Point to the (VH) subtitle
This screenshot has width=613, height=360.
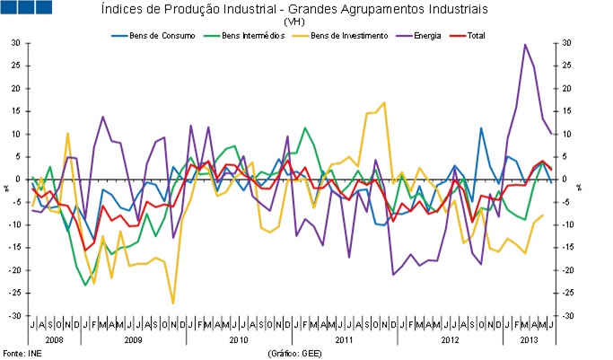[293, 21]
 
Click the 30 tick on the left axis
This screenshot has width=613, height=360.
[16, 43]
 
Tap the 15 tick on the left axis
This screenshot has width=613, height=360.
[16, 111]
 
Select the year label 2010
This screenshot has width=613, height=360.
[238, 341]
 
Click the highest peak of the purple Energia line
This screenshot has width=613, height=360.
[525, 44]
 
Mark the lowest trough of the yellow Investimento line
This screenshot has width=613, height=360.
[173, 303]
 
